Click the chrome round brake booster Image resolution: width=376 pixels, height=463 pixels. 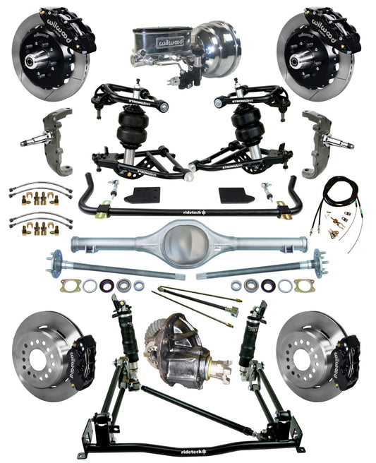[217, 44]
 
